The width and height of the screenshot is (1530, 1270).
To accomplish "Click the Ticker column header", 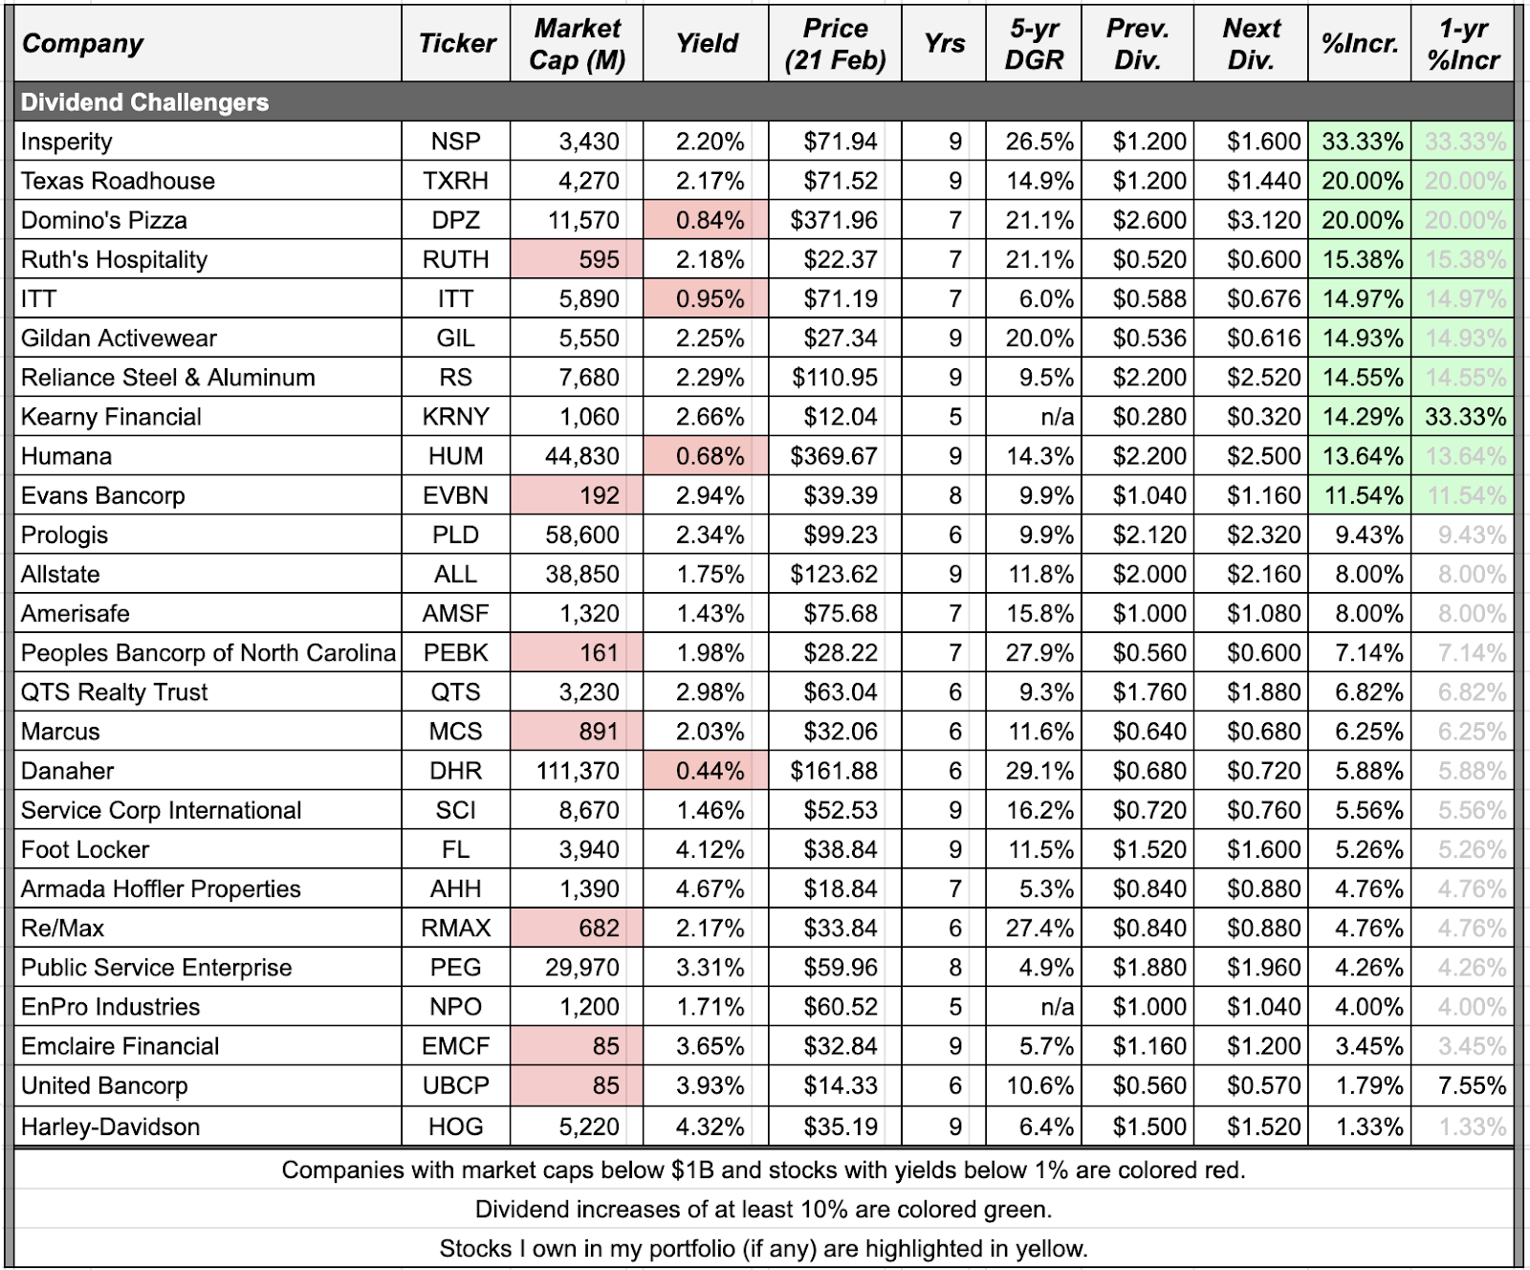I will tap(456, 44).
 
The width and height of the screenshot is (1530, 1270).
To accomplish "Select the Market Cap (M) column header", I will tap(577, 44).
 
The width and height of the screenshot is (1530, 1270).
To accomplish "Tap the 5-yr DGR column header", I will tap(1034, 44).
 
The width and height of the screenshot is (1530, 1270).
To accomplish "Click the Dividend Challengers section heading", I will tap(144, 102).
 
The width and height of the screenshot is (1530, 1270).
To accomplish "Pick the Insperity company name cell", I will tap(67, 142).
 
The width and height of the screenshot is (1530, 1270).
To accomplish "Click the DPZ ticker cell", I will tap(456, 220).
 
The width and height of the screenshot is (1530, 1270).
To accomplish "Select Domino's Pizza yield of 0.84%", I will tap(709, 220).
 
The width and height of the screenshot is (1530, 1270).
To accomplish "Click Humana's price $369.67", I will tap(834, 456).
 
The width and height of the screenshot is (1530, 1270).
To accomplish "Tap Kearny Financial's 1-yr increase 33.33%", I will tap(1465, 417).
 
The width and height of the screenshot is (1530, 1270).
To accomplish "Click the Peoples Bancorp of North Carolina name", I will tap(208, 653).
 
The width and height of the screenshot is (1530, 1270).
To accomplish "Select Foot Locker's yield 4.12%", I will tap(709, 849).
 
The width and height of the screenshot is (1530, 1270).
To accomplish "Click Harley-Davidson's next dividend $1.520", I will tap(1263, 1127).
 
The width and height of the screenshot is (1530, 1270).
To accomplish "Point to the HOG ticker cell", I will tap(456, 1127).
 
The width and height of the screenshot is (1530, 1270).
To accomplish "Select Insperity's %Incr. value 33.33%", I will tap(1362, 142).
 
